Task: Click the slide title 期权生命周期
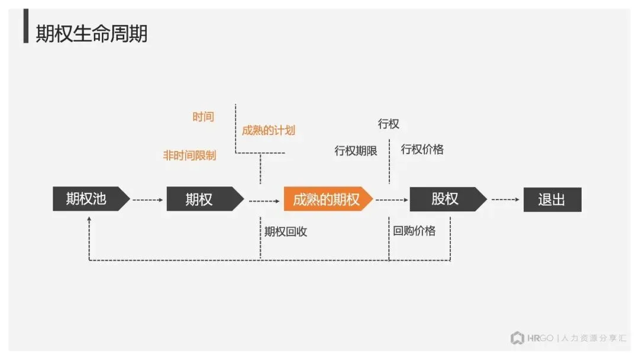[91, 34]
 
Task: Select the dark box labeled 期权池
[89, 199]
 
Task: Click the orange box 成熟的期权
[327, 200]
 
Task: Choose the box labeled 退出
[552, 200]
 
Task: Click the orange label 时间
[203, 117]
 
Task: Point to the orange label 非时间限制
[189, 156]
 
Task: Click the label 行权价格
[422, 149]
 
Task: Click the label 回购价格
[414, 231]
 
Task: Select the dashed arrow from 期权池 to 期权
[148, 200]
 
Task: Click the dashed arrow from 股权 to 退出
[505, 200]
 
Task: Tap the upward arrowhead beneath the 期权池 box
[89, 219]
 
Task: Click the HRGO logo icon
[517, 338]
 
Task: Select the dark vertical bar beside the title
[26, 26]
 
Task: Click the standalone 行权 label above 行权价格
[389, 124]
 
